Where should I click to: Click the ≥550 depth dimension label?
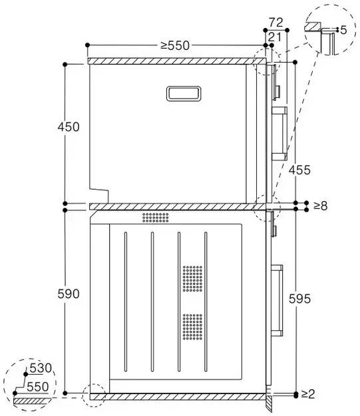tap(175, 46)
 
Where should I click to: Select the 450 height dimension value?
tap(69, 127)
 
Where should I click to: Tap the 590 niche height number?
tap(69, 294)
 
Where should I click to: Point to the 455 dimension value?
tap(299, 170)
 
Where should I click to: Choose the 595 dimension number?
tap(299, 299)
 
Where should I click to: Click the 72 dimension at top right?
tap(276, 23)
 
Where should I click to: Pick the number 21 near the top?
tap(275, 37)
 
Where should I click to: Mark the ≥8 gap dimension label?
tap(321, 206)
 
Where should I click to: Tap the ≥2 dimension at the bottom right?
tap(308, 394)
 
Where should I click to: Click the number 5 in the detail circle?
tap(343, 30)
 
